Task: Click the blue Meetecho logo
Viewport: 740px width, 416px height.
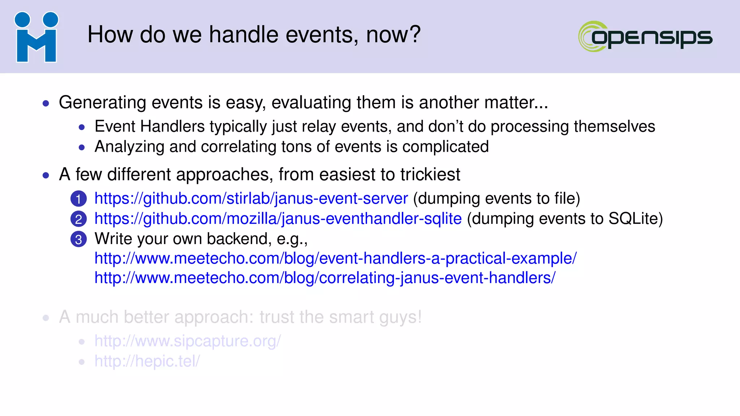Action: pyautogui.click(x=36, y=37)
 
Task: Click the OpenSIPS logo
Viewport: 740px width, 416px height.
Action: pyautogui.click(x=645, y=36)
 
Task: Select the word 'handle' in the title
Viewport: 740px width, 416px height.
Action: pyautogui.click(x=244, y=35)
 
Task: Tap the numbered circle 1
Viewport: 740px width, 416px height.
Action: pyautogui.click(x=78, y=199)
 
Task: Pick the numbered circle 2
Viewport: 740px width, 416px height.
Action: pyautogui.click(x=78, y=219)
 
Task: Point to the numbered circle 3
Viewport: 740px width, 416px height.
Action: pyautogui.click(x=78, y=239)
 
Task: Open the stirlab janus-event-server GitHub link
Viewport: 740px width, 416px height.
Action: pyautogui.click(x=251, y=199)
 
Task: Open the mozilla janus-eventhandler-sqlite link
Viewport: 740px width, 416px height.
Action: pyautogui.click(x=278, y=219)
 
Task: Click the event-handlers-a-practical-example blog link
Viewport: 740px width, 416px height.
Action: pyautogui.click(x=335, y=259)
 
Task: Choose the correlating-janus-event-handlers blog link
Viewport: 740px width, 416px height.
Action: pyautogui.click(x=325, y=278)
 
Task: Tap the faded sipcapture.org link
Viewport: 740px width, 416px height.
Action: pyautogui.click(x=188, y=341)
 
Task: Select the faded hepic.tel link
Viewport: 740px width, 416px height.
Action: pyautogui.click(x=147, y=361)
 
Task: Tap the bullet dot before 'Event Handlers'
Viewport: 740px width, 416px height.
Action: pyautogui.click(x=82, y=127)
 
